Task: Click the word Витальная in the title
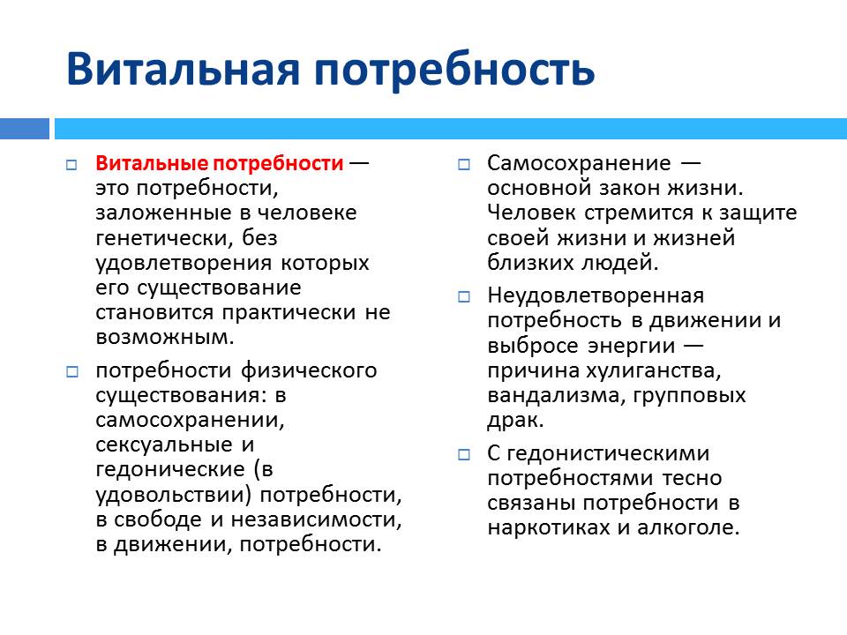tap(183, 69)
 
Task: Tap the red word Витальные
tap(152, 163)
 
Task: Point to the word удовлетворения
tap(184, 263)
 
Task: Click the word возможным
tap(165, 338)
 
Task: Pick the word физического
tap(309, 371)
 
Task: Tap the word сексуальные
tap(164, 444)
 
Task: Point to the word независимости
tap(316, 519)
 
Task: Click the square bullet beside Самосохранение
tap(463, 164)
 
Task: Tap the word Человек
tap(531, 213)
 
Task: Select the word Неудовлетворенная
tap(596, 296)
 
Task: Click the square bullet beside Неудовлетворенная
tap(463, 297)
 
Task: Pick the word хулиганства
tap(653, 371)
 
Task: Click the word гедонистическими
tap(608, 453)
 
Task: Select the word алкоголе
tap(688, 527)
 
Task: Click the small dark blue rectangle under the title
tap(25, 129)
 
